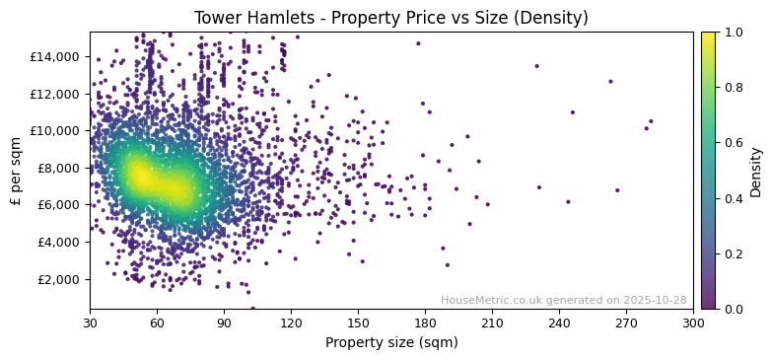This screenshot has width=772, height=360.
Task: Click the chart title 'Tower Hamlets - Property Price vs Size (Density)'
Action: pos(390,18)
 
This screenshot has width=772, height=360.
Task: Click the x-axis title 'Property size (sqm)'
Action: pos(390,342)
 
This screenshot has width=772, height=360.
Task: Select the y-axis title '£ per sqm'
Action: pos(15,171)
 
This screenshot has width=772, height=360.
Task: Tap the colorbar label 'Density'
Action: pos(756,171)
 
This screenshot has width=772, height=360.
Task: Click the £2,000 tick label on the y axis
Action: pos(60,279)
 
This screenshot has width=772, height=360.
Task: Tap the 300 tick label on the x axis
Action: pos(693,323)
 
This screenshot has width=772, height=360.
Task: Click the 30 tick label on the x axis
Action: pos(90,323)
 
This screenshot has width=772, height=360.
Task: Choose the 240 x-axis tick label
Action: pos(559,323)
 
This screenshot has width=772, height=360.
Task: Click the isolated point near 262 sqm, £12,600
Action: pos(610,82)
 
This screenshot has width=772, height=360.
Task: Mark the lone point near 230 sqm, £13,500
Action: pos(536,66)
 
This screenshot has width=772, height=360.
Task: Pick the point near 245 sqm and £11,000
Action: pos(572,111)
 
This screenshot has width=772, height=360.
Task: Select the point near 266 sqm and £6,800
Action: pos(617,190)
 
